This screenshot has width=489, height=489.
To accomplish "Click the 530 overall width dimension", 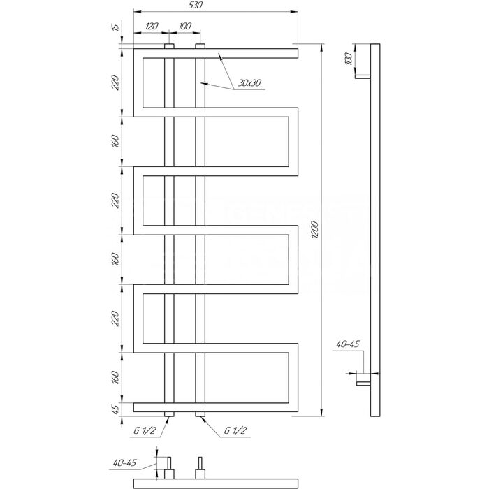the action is [196, 5].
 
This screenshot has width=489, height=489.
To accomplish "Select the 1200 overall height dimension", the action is [315, 230].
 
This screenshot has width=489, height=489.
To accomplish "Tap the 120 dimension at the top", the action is [152, 26].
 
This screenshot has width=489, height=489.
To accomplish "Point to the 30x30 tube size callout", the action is [249, 83].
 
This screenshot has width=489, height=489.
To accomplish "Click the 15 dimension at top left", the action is [116, 27].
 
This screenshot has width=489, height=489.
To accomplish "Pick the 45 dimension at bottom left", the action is [115, 409].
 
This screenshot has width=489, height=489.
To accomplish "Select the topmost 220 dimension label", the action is [115, 82].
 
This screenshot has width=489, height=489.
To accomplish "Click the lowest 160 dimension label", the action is [115, 377].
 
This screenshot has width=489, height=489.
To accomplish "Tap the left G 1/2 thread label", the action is [145, 430].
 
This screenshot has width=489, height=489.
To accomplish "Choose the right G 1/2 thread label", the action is [235, 430].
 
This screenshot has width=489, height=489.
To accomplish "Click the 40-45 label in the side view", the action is [348, 344].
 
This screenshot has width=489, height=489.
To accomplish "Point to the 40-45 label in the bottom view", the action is [125, 462].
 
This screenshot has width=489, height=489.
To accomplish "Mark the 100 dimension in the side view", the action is [349, 59].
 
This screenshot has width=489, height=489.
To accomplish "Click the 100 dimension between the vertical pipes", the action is [185, 26].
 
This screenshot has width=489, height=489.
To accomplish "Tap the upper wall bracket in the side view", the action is [363, 76].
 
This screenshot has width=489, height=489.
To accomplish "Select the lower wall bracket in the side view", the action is [364, 384].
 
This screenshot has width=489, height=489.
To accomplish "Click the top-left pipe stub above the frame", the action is [169, 46].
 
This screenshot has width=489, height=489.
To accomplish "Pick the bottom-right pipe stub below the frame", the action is [200, 414].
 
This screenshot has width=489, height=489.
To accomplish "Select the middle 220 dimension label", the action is [115, 200].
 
